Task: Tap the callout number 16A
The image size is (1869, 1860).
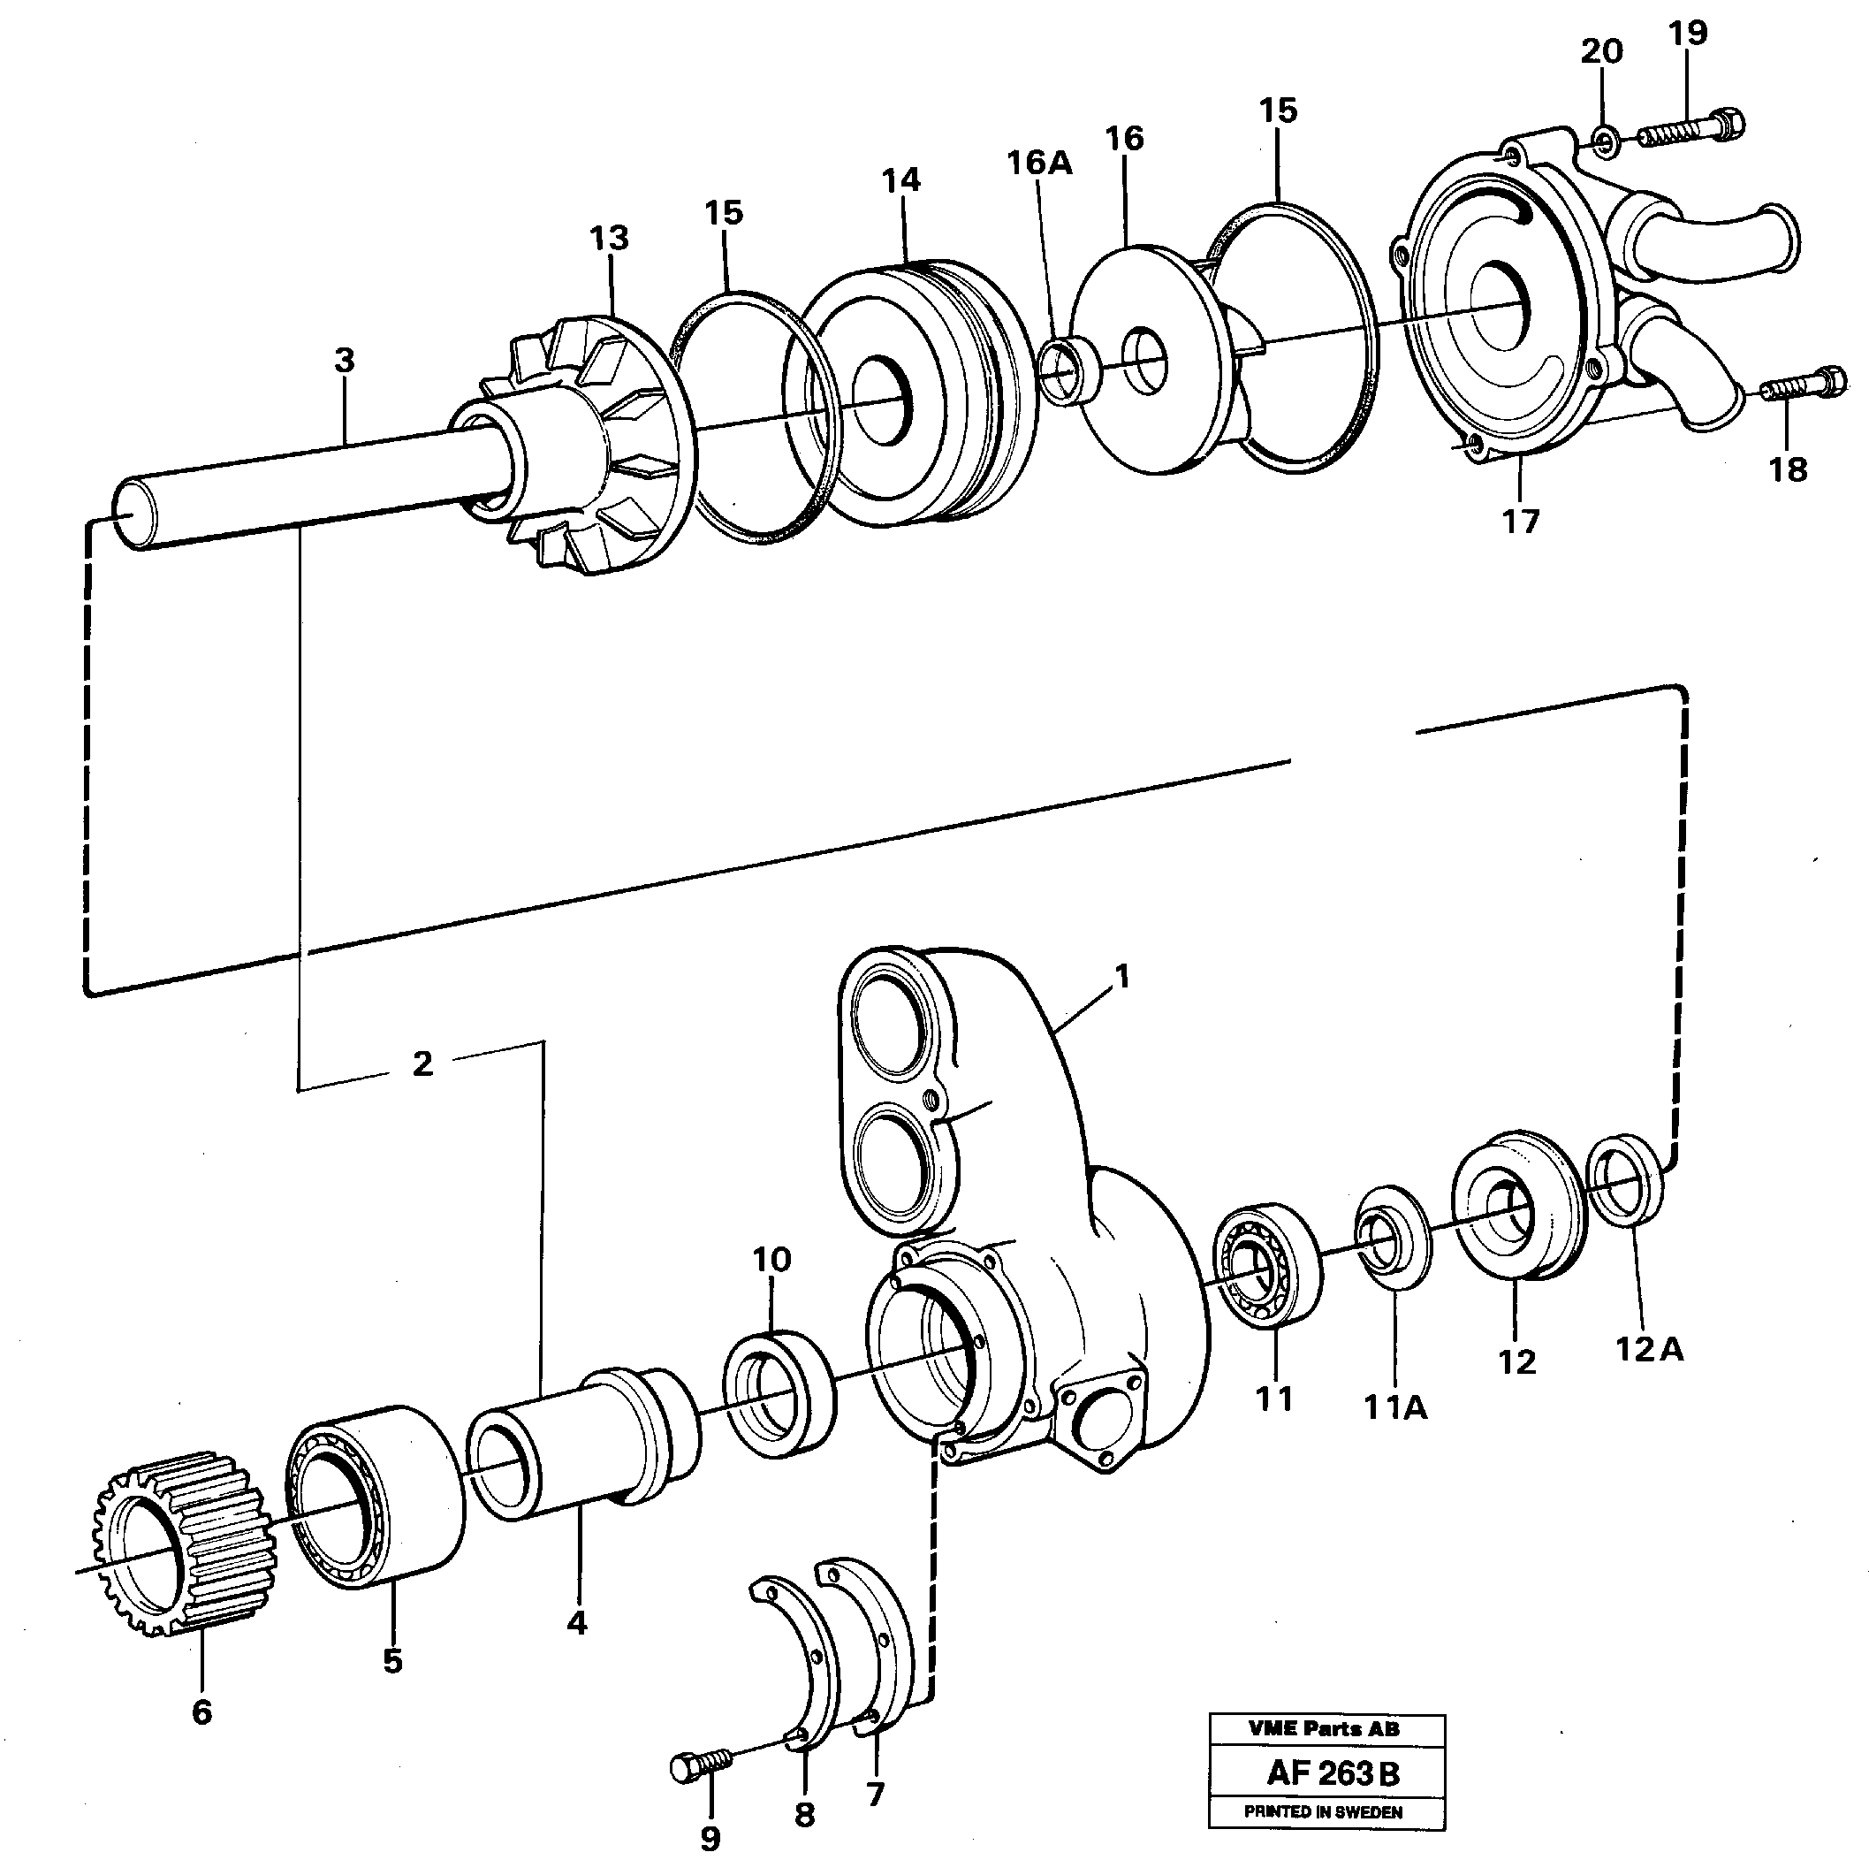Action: [x=1039, y=164]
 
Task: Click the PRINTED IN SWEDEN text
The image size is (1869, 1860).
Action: [x=1324, y=1812]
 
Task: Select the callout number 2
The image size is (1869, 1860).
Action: [x=422, y=1064]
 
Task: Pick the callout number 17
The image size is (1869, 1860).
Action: [x=1520, y=522]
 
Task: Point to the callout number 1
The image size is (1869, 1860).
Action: [x=1122, y=978]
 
